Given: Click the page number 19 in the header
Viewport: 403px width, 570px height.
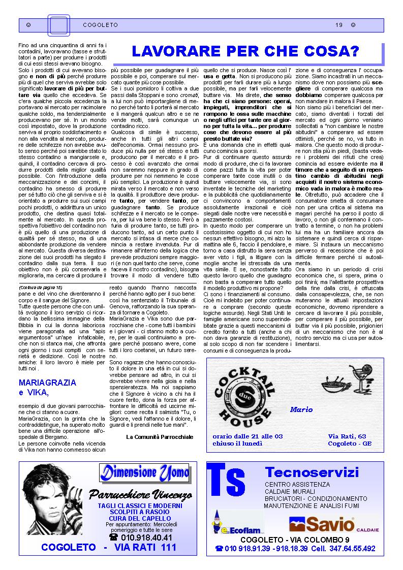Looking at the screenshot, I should click(x=339, y=24).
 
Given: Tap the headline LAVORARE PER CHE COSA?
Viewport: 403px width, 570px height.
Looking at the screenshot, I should click(x=245, y=52).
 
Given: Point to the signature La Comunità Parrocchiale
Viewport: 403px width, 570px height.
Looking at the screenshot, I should click(x=160, y=436).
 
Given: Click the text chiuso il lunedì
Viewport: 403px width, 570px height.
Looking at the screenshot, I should click(x=237, y=443).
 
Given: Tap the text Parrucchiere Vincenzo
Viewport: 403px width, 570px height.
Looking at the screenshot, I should click(x=140, y=494).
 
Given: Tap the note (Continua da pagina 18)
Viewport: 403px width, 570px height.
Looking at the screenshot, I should click(x=41, y=287).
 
